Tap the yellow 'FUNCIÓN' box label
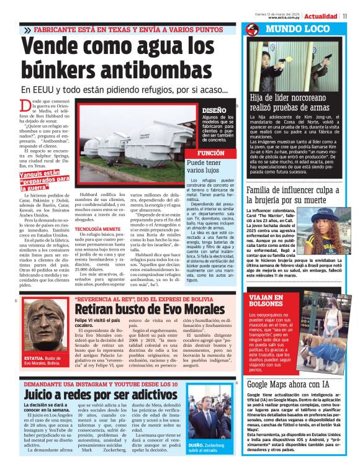pyautogui.click(x=210, y=153)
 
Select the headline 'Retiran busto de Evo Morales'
pyautogui.click(x=141, y=310)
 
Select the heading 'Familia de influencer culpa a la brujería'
pyautogui.click(x=299, y=195)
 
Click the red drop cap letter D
pyautogui.click(x=25, y=106)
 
